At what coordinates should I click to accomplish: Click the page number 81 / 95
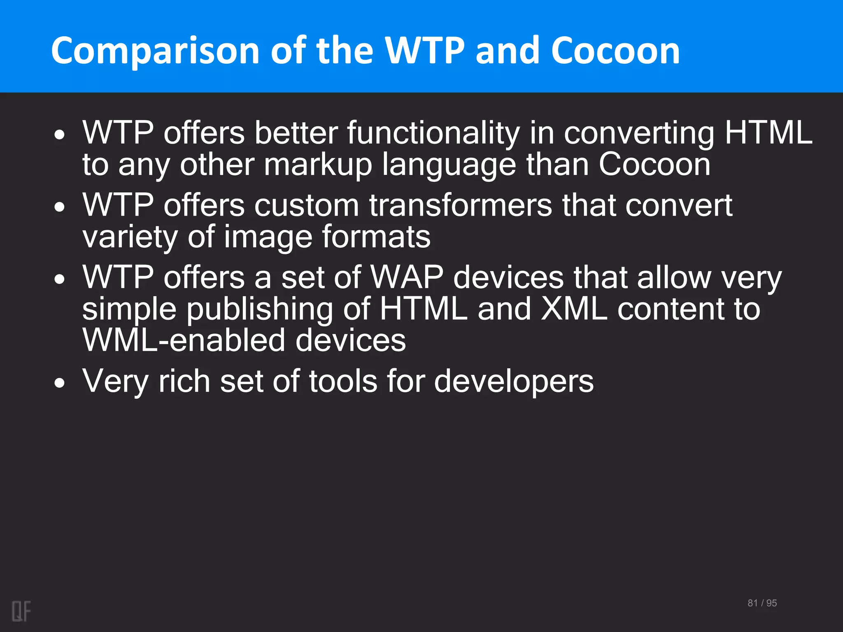point(762,603)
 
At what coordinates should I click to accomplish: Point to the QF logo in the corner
point(21,611)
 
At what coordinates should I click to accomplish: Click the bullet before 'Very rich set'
point(60,383)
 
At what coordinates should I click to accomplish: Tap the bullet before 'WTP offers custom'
point(60,207)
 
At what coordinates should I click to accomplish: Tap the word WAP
point(407,277)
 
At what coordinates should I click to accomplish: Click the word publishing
point(260,310)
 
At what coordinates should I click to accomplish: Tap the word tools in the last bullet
point(343,381)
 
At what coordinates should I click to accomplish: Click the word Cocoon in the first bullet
point(654,165)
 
